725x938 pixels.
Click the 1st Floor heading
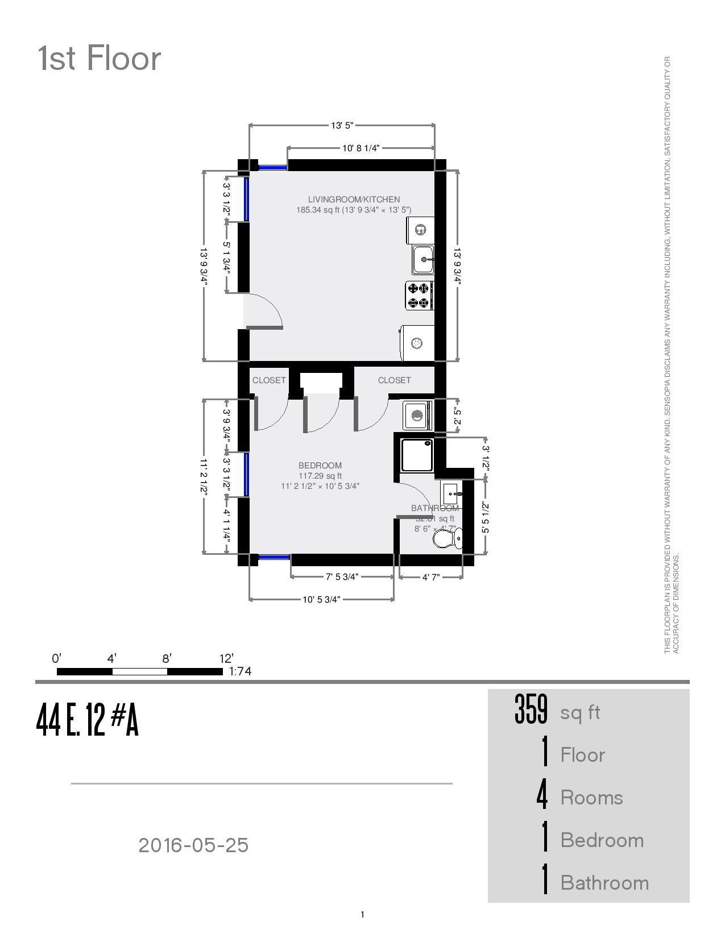[100, 59]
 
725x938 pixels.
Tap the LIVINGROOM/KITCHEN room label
[354, 200]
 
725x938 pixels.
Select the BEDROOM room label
[320, 466]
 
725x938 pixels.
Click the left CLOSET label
[269, 380]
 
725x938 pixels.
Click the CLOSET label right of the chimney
[394, 380]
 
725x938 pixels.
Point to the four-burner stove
[420, 296]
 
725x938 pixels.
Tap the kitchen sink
[423, 260]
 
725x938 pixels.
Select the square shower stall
[417, 455]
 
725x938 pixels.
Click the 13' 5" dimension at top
[342, 125]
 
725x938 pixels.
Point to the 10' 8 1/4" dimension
[361, 148]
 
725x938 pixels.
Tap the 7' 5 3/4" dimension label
[342, 577]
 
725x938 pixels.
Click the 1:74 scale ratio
[240, 671]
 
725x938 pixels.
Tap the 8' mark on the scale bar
[167, 659]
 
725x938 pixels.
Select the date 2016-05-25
[193, 845]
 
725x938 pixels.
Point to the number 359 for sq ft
[531, 711]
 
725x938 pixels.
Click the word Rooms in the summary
[591, 798]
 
